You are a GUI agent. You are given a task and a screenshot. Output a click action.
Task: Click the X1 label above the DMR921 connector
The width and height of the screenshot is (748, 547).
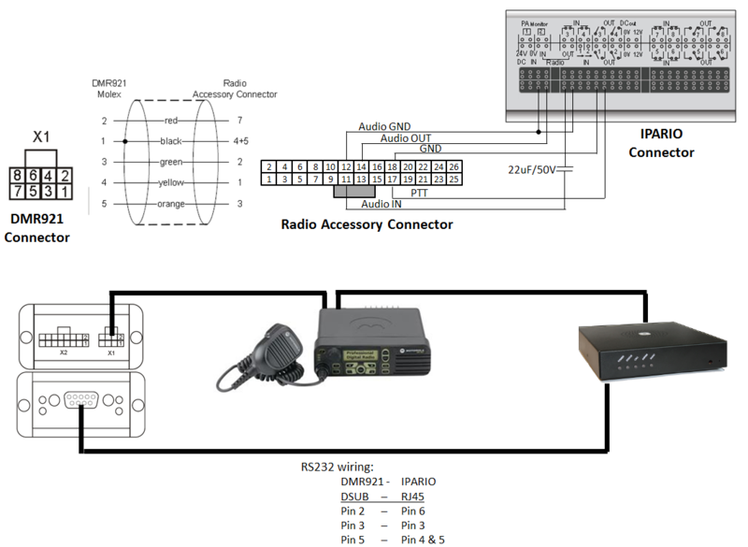click(x=41, y=137)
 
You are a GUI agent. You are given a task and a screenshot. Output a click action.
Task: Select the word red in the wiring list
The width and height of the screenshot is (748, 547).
click(x=170, y=121)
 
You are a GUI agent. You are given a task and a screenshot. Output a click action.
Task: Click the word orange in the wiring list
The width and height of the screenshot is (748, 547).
click(x=170, y=203)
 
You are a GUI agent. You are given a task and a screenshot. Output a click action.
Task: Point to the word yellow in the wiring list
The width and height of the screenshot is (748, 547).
click(x=170, y=182)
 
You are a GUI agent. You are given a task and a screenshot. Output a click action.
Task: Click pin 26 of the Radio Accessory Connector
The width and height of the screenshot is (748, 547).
click(x=454, y=166)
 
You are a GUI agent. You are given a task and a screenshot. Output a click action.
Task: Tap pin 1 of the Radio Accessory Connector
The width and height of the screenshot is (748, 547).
click(x=268, y=178)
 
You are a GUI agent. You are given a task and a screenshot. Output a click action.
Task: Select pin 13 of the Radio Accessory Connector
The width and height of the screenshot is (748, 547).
click(x=361, y=178)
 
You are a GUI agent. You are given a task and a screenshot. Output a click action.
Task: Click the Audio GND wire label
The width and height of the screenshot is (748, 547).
click(x=384, y=126)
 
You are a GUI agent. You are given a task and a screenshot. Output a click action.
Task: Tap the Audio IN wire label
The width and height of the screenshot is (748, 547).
click(x=381, y=203)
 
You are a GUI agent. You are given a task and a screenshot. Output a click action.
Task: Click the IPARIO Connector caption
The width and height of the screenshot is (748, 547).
click(x=661, y=143)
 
